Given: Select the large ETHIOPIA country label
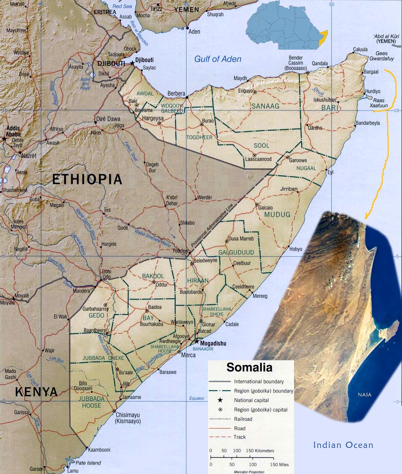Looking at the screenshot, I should [87, 180].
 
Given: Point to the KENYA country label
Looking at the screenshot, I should [36, 392].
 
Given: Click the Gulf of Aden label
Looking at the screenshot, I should [218, 59].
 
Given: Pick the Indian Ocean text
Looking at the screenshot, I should [343, 445].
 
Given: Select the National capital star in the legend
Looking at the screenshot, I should [220, 400].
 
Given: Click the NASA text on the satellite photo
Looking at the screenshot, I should [364, 395].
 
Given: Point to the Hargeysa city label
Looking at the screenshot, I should [153, 118].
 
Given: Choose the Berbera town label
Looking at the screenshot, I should [176, 93].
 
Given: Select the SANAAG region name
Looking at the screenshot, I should [266, 106].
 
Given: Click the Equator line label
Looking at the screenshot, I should [196, 398].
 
